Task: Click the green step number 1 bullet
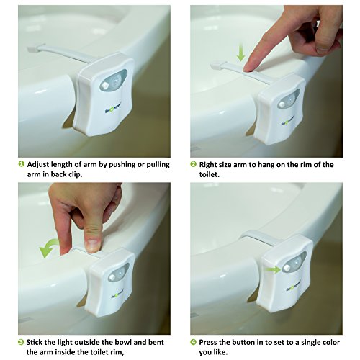(22, 164)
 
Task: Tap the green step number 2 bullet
(194, 164)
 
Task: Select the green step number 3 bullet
(22, 342)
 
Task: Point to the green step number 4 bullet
(194, 342)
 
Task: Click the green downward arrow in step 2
(240, 54)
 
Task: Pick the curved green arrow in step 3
(49, 247)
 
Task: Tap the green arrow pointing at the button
(273, 269)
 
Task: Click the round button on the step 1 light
(104, 85)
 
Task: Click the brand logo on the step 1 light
(113, 107)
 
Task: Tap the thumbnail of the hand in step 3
(93, 246)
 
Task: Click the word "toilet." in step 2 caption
(210, 174)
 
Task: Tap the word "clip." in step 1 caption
(76, 175)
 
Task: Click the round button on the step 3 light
(112, 277)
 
